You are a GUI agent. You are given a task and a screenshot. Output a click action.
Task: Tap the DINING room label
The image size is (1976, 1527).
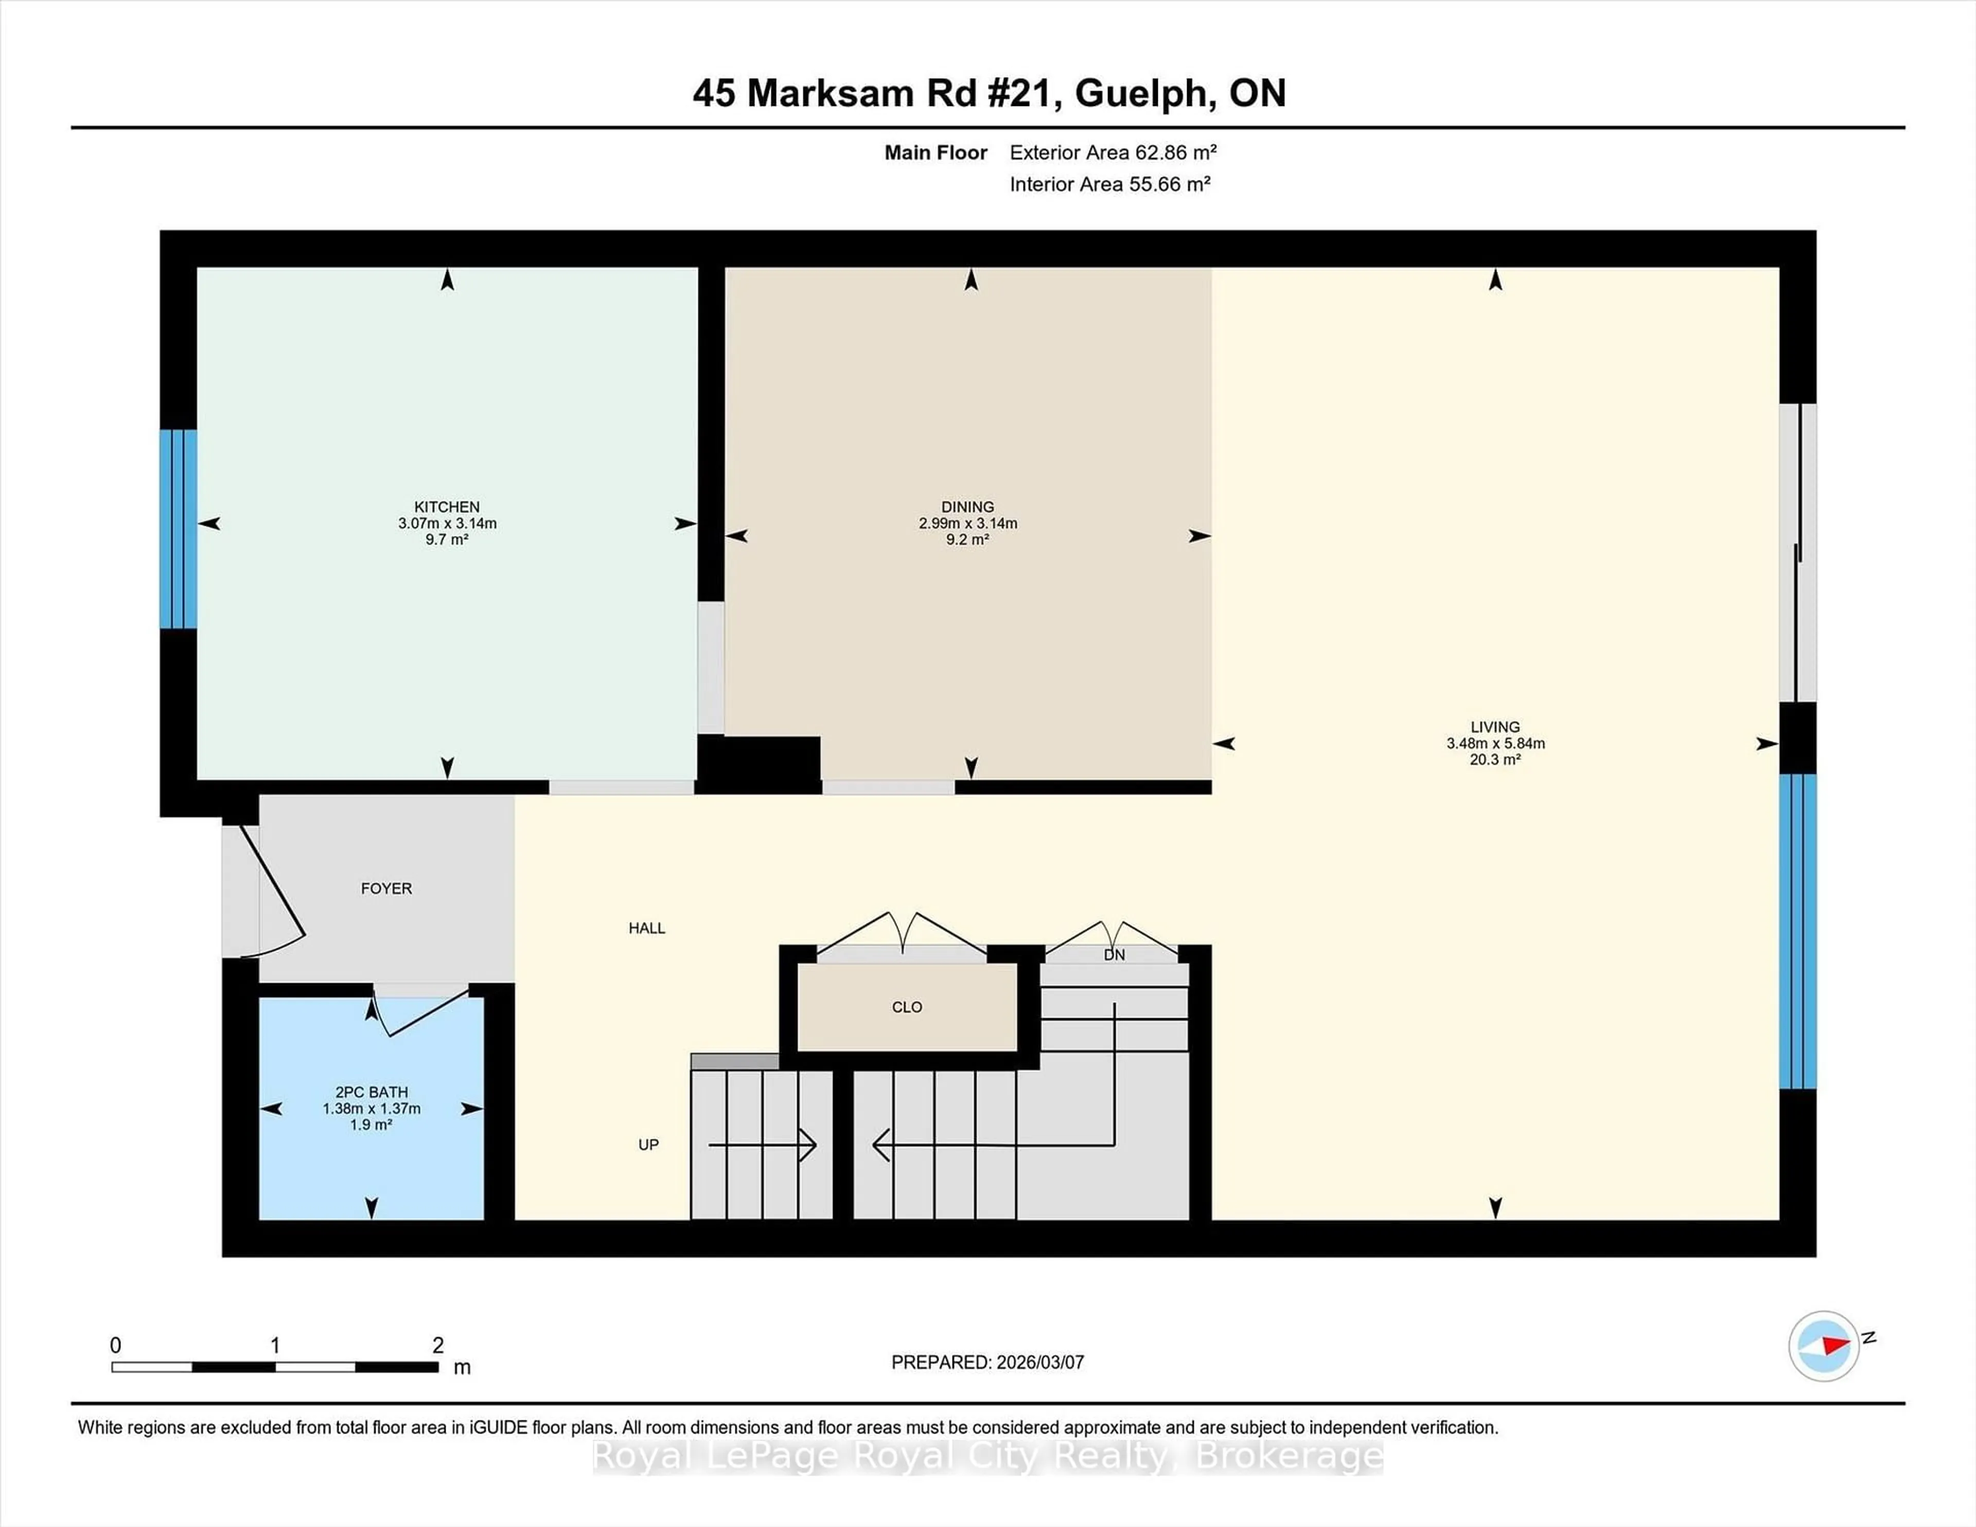click(x=967, y=507)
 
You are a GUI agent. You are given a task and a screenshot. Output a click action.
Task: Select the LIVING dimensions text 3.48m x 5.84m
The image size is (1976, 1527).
click(x=1495, y=743)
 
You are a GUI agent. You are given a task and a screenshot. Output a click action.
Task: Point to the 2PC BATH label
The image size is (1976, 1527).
click(x=371, y=1092)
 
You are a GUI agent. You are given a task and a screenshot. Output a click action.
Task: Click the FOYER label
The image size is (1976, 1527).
click(x=386, y=889)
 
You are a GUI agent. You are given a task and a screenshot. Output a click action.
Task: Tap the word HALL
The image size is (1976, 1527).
click(x=647, y=928)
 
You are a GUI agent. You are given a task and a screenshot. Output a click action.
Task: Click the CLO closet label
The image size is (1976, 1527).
click(x=907, y=1007)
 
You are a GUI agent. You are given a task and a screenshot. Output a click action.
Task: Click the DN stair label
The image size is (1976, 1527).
click(x=1114, y=954)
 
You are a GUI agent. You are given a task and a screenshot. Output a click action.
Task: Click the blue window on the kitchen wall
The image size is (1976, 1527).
click(x=178, y=528)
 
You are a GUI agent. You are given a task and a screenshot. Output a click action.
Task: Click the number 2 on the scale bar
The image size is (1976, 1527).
click(x=438, y=1345)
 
